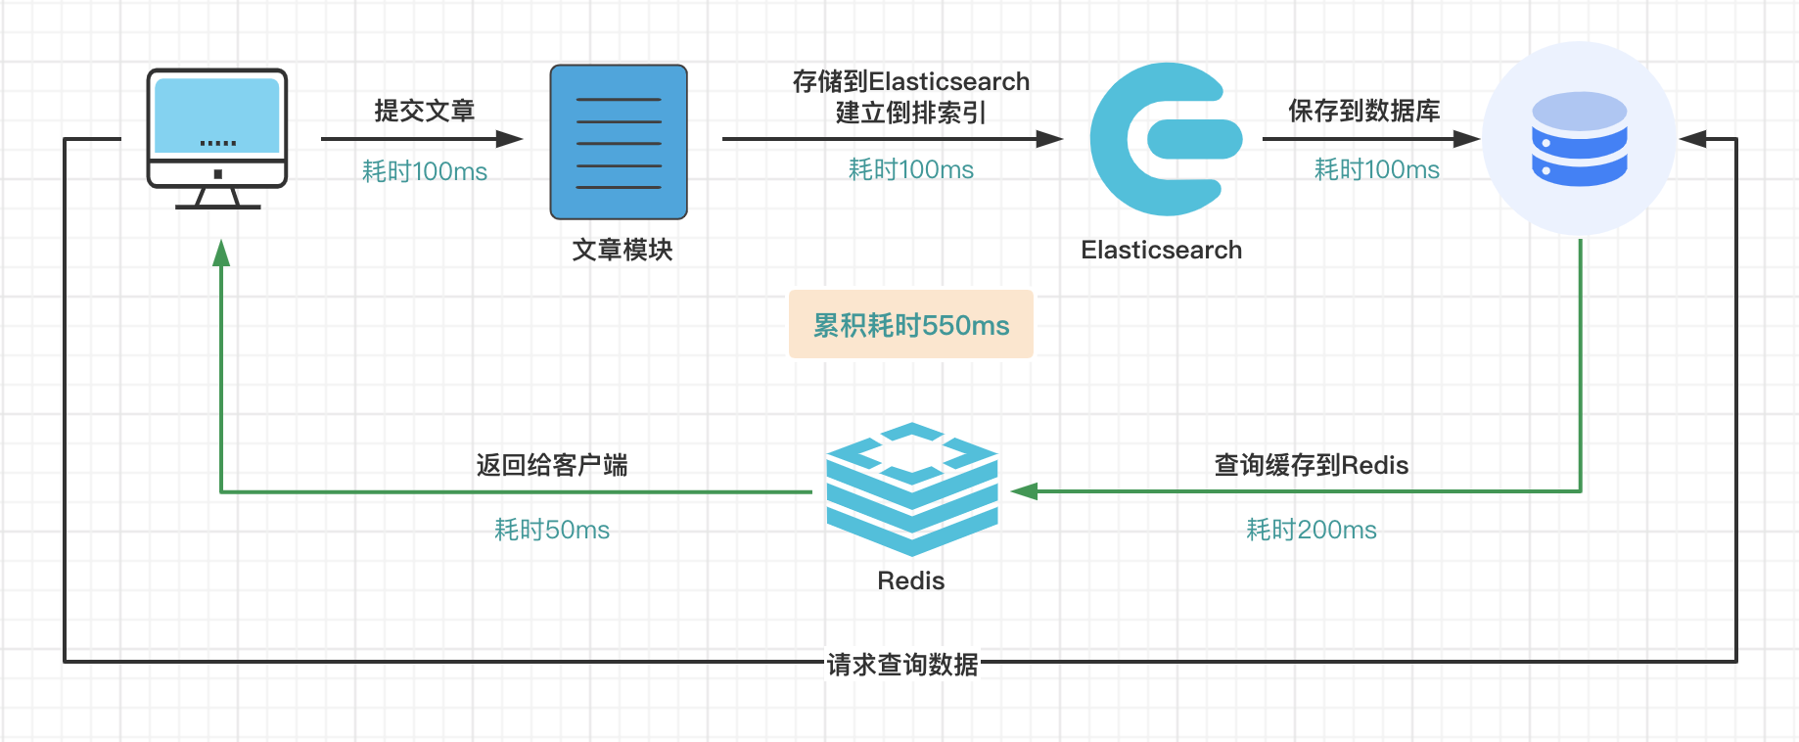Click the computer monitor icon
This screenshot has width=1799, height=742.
(217, 137)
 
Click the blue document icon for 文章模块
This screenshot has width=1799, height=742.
(619, 142)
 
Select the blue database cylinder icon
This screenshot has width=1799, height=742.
(1579, 139)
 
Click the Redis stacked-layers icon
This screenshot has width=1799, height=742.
(911, 488)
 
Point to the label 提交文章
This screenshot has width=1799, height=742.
(424, 111)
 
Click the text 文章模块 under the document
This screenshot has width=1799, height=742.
(623, 250)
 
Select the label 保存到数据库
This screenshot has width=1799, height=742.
(1363, 111)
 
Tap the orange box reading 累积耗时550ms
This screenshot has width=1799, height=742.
(911, 325)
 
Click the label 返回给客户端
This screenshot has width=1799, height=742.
(552, 465)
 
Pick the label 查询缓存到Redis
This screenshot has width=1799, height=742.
(1311, 465)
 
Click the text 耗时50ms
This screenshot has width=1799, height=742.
(552, 530)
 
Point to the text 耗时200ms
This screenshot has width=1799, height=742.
(1311, 530)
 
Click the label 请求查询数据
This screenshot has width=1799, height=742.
(902, 665)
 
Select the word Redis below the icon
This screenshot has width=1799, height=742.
(910, 580)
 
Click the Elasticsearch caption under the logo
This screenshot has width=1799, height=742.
(1161, 250)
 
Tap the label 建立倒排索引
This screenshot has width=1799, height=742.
(910, 114)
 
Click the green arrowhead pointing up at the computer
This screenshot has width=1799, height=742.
(221, 254)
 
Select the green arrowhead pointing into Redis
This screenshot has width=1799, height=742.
(1024, 491)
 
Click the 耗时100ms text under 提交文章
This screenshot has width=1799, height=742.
(424, 171)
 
